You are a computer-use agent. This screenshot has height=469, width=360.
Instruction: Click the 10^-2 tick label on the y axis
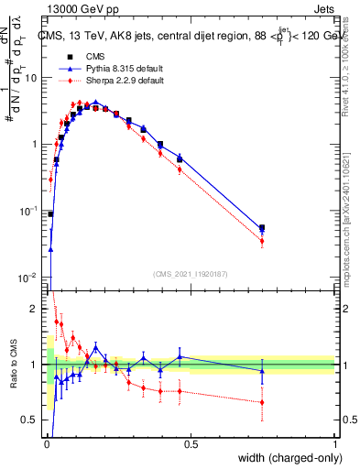click(30, 277)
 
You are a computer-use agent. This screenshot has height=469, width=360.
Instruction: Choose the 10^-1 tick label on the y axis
click(30, 211)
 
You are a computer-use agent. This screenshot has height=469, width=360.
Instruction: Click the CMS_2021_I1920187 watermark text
click(191, 272)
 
